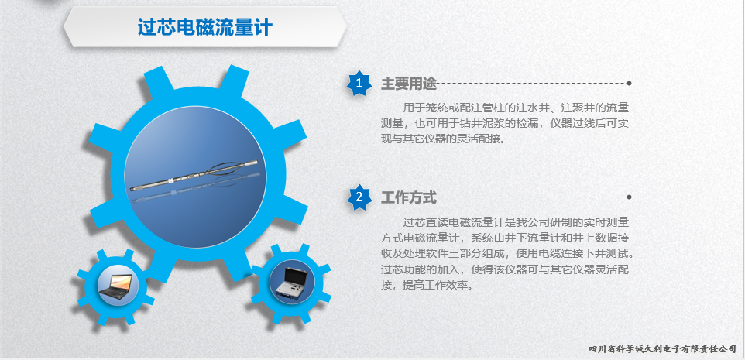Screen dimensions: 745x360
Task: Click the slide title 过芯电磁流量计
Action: tap(204, 26)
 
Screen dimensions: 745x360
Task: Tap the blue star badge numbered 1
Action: tap(359, 83)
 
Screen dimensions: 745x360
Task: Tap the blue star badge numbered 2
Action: tap(359, 197)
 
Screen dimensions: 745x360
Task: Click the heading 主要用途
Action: tap(409, 84)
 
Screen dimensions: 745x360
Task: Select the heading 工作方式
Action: tap(409, 197)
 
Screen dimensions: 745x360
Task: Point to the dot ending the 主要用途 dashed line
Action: tap(629, 83)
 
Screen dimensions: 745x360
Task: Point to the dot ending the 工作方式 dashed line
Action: tap(629, 197)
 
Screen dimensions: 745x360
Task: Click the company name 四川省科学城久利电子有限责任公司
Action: tap(662, 349)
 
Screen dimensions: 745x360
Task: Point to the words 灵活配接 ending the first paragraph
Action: tap(475, 139)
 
